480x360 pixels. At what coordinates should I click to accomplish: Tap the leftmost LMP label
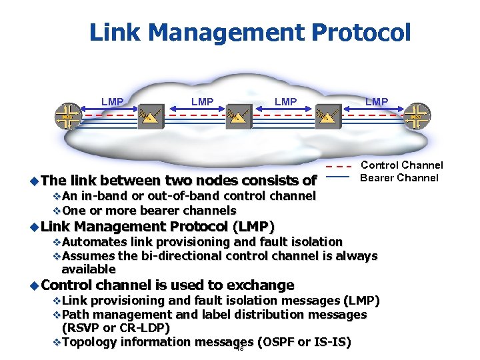[112, 101]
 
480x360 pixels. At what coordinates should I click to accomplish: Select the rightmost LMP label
[377, 101]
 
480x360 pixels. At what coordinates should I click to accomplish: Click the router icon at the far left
[66, 117]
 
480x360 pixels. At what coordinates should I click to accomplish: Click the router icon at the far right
[417, 117]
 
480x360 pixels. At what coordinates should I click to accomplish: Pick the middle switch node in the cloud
[237, 117]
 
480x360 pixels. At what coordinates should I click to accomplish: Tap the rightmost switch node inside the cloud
[327, 117]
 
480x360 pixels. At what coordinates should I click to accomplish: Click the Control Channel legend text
[401, 165]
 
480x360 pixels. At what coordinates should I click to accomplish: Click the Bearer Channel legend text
[399, 177]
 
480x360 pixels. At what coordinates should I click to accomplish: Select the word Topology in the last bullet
[89, 342]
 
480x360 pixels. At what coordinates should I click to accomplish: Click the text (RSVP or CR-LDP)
[115, 328]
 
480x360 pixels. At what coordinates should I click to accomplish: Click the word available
[89, 269]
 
